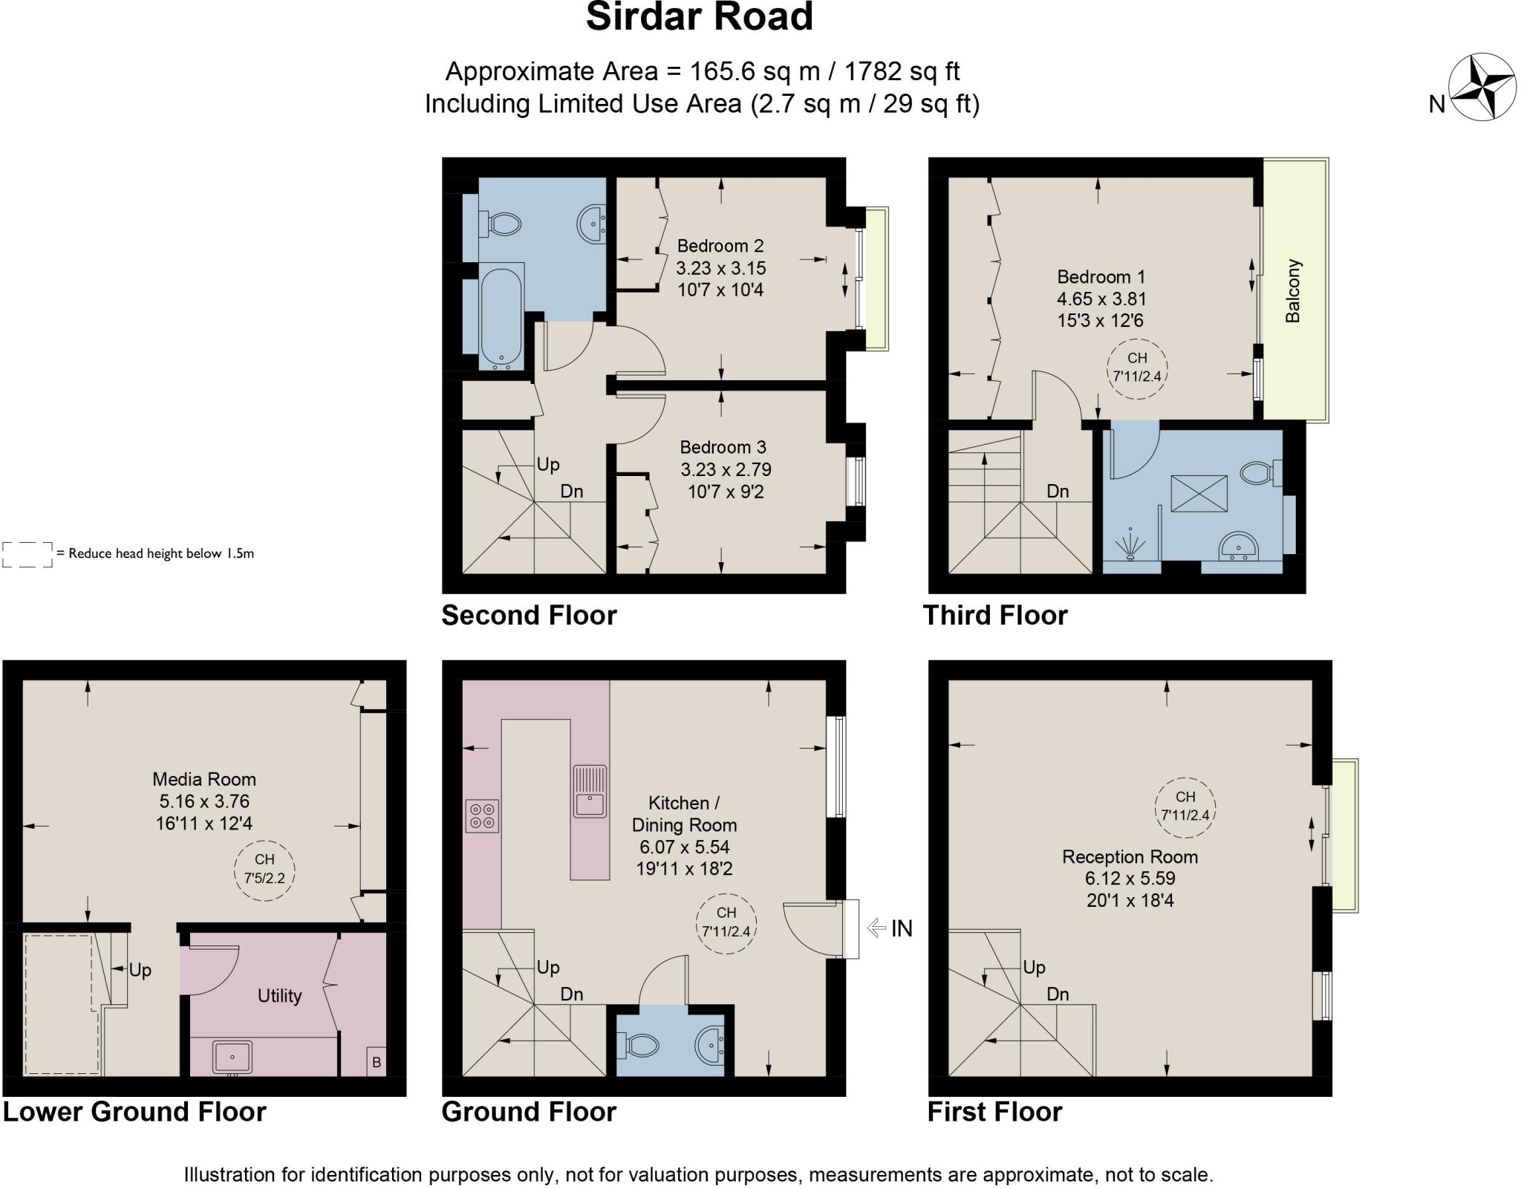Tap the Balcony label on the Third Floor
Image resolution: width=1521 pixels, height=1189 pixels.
click(1293, 290)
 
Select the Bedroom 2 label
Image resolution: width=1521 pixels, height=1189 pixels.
click(720, 246)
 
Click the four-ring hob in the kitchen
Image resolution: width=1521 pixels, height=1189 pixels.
click(482, 816)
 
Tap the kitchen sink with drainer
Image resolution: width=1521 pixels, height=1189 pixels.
click(590, 792)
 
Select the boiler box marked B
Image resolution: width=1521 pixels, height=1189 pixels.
click(376, 1062)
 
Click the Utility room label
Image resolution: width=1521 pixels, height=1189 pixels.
click(279, 996)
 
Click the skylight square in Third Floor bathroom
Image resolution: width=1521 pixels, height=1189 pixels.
click(1199, 493)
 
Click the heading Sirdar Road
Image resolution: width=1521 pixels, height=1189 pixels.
click(699, 18)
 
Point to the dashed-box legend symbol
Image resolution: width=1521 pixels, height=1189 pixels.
click(27, 554)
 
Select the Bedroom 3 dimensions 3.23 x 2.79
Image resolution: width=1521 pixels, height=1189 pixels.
click(726, 469)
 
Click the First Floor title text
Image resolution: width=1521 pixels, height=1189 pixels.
click(994, 1112)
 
